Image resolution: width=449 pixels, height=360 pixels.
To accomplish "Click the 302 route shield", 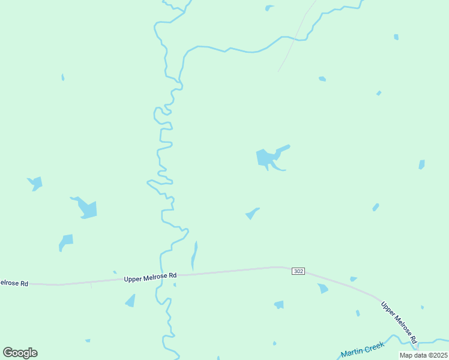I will coord(299,271).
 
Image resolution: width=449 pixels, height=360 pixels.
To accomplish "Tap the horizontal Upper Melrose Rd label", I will coord(150,277).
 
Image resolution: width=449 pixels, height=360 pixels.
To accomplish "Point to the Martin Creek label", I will coord(362,350).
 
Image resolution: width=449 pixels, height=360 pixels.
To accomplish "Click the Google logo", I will coord(20,353).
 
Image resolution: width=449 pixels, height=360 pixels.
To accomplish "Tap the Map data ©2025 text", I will coord(423,355).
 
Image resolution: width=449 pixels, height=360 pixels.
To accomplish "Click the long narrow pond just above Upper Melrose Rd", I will coord(194,256).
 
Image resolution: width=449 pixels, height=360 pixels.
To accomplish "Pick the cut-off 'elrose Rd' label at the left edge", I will coord(13,283).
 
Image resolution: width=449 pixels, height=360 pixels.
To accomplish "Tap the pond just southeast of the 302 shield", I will coord(323,289).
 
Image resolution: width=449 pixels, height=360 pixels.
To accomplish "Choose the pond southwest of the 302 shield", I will coord(279,305).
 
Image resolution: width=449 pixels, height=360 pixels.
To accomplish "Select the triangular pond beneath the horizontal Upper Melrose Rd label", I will coord(131,301).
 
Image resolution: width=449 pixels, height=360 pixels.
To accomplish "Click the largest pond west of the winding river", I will coord(86,208).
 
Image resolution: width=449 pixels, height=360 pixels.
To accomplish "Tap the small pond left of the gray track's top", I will coord(269,8).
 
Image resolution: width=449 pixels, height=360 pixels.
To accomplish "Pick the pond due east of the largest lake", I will coord(421,164).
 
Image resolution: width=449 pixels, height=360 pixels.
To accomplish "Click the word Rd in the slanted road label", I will coord(414,340).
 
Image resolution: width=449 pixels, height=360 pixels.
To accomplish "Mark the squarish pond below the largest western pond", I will coord(65,241).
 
